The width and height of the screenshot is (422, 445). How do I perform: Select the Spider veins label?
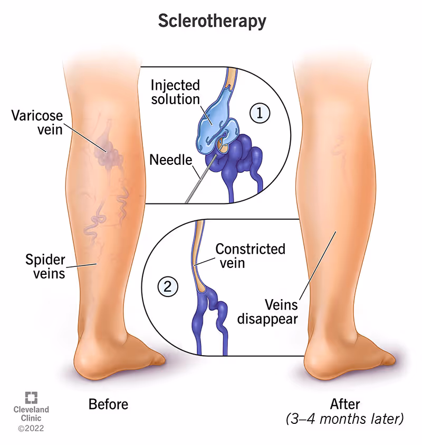tap(45, 266)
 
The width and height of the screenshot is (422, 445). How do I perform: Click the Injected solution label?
tap(175, 92)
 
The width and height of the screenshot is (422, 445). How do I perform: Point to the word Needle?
tap(170, 159)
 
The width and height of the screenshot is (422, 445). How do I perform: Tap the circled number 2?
tap(167, 287)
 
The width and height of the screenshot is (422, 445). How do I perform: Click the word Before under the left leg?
tap(108, 404)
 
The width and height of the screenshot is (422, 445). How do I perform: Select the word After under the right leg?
tap(344, 404)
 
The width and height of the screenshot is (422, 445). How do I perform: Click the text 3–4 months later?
tap(344, 420)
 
